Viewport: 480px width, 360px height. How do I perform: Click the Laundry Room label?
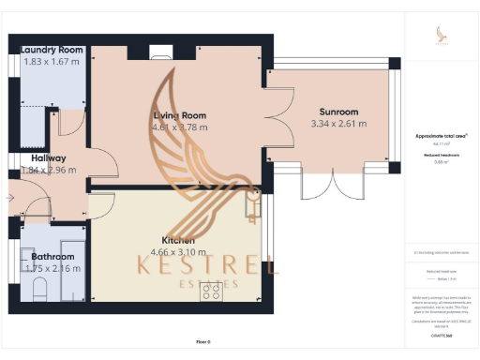click(x=52, y=50)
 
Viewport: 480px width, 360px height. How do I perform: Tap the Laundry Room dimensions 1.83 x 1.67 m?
click(x=52, y=62)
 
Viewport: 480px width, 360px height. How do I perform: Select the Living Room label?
click(x=180, y=115)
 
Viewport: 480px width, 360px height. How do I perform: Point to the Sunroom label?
click(x=338, y=112)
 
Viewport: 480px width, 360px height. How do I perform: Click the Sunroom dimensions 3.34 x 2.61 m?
click(x=340, y=124)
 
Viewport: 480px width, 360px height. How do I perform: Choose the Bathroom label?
click(x=52, y=256)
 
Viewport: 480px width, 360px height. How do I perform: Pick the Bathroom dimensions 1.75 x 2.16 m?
click(x=52, y=268)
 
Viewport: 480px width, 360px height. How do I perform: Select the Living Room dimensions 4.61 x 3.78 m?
click(x=181, y=127)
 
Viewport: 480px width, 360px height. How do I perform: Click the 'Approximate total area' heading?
click(x=442, y=136)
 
